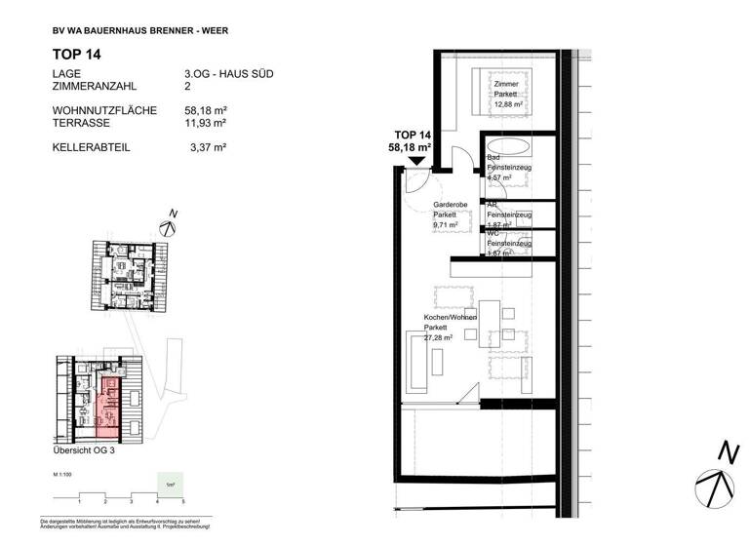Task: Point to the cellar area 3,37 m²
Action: click(209, 147)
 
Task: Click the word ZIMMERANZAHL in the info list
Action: click(96, 87)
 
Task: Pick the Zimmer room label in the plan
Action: click(506, 85)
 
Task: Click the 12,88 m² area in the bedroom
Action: click(506, 102)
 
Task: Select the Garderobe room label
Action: click(450, 205)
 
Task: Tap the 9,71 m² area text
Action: click(445, 223)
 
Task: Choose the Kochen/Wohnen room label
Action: click(450, 318)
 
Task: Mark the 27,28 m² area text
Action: click(441, 337)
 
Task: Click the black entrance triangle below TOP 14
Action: click(416, 160)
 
